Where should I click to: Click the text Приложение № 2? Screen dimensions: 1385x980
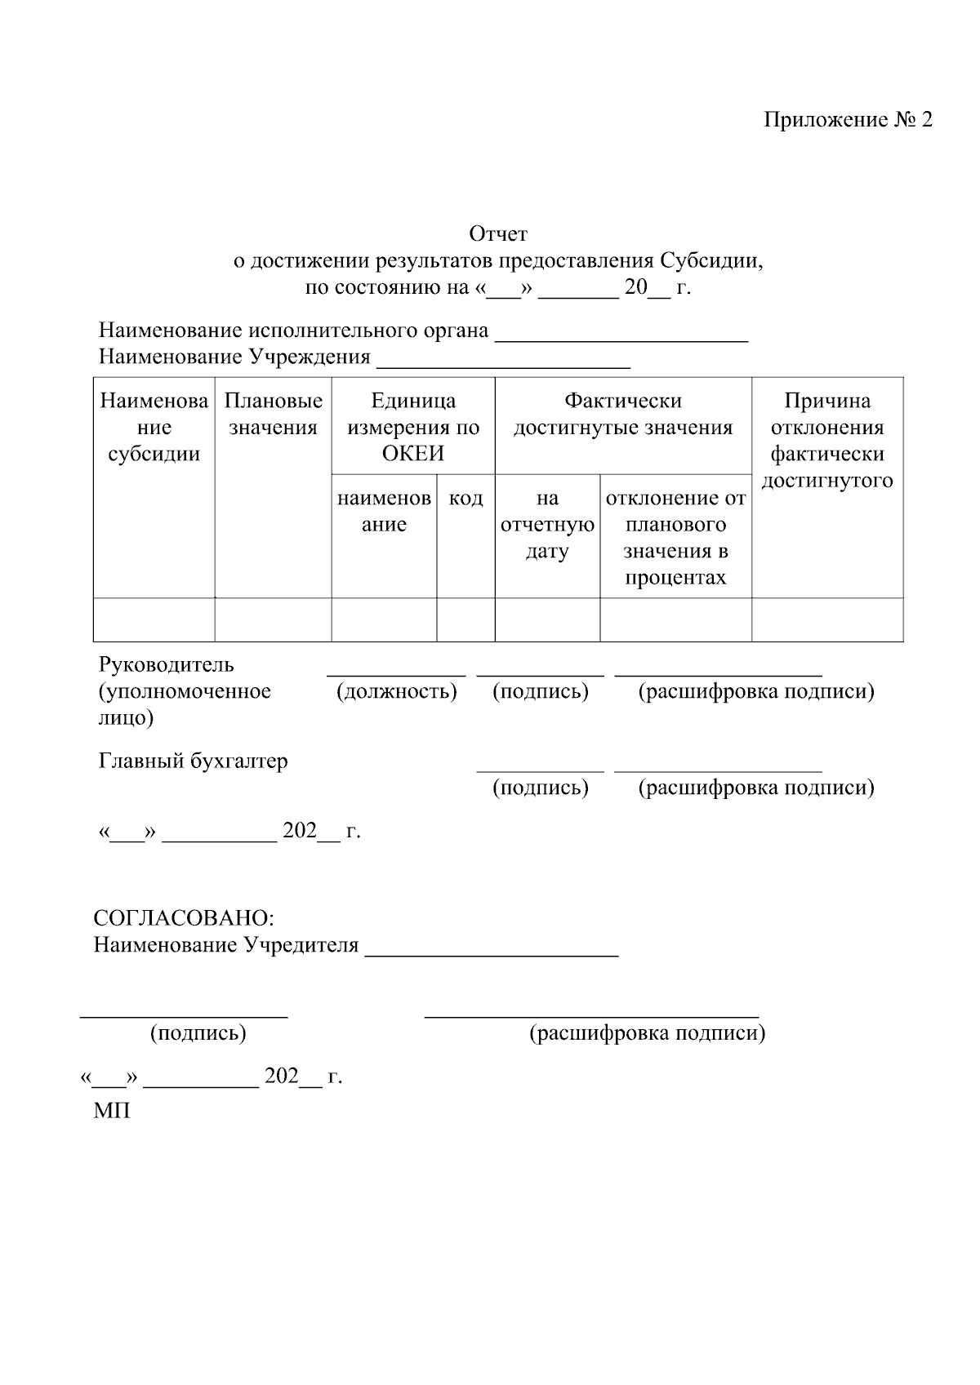click(x=847, y=120)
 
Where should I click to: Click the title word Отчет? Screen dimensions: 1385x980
click(x=498, y=234)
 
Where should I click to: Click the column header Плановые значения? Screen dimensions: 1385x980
click(x=273, y=414)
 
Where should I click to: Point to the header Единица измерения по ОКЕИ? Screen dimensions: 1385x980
click(x=412, y=427)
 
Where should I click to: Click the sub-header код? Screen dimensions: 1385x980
click(x=465, y=498)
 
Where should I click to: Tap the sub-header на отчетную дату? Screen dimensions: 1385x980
click(x=547, y=524)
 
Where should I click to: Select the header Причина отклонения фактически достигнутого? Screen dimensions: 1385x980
click(x=826, y=440)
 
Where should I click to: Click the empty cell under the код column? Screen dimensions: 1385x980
click(x=465, y=619)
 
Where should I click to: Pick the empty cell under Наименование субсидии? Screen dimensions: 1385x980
click(x=154, y=619)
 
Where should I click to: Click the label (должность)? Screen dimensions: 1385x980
click(x=397, y=691)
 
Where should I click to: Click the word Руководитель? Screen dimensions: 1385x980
click(x=167, y=664)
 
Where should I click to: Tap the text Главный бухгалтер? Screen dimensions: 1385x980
click(x=193, y=761)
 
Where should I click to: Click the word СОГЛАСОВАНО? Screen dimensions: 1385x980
click(x=182, y=917)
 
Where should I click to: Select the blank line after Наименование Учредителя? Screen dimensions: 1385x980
click(x=492, y=951)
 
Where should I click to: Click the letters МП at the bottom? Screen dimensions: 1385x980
click(x=112, y=1111)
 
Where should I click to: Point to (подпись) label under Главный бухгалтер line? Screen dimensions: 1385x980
click(x=540, y=788)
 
